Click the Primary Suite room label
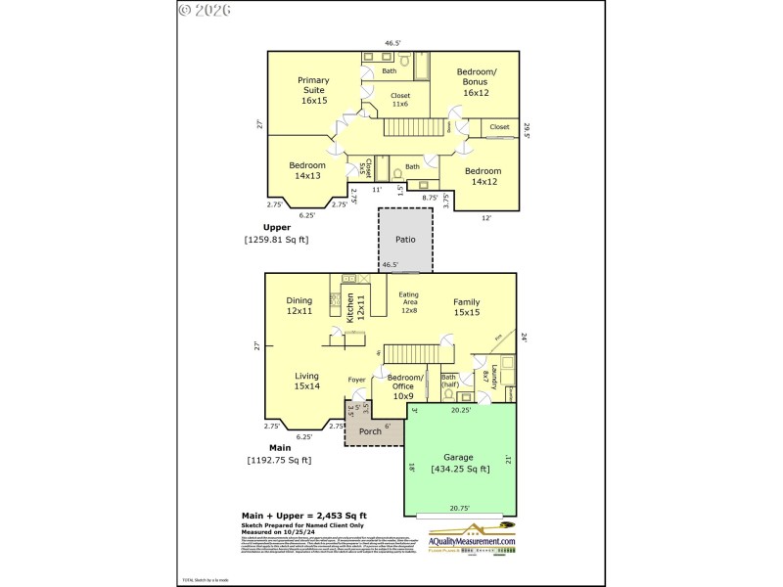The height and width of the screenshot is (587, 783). [314, 90]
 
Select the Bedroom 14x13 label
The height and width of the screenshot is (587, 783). [306, 170]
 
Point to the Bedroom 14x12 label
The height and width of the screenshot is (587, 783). [484, 176]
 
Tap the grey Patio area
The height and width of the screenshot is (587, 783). [405, 239]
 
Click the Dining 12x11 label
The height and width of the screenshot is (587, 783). [299, 305]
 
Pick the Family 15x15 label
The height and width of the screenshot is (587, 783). [466, 307]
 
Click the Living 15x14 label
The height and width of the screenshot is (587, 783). [307, 381]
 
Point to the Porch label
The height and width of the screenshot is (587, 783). [371, 430]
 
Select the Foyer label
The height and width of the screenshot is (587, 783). [357, 380]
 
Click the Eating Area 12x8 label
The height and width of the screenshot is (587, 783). [409, 302]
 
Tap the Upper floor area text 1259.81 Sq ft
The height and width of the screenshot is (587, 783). [277, 239]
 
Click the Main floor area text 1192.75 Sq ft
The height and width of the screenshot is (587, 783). [279, 460]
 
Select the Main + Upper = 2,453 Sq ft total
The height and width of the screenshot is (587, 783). [303, 515]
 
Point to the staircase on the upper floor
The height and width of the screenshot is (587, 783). [409, 126]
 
